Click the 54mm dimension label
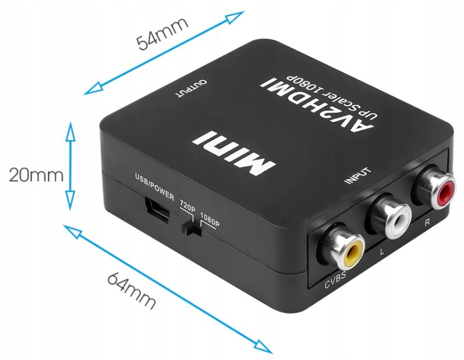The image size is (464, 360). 163,35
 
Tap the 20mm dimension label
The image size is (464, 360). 36,175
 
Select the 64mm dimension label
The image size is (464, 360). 131,289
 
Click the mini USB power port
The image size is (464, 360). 156,210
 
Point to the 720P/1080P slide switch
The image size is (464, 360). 192,228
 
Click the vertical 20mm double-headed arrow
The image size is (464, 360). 70,167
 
